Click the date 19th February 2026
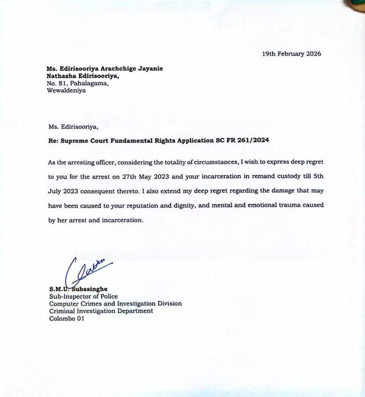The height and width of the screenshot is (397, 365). point(292,54)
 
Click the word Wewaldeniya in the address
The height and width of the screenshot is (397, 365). point(66,91)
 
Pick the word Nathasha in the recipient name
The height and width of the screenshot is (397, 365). point(60,76)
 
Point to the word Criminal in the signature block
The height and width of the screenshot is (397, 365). point(62,311)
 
